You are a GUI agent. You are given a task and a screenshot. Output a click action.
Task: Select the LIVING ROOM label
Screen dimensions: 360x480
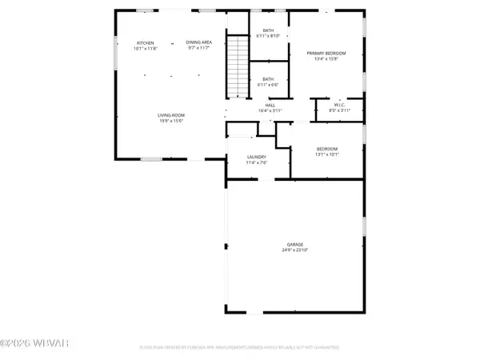tap(171, 115)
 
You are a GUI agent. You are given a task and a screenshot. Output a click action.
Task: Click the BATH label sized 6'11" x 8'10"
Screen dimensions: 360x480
tap(268, 30)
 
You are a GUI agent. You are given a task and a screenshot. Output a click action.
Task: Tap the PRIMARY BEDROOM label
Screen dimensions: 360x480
tap(325, 53)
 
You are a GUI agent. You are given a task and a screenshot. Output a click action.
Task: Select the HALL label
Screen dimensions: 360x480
tap(270, 105)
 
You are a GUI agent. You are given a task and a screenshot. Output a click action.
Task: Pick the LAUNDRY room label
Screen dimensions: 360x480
tap(255, 157)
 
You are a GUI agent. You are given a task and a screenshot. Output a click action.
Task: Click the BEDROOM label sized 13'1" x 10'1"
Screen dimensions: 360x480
tap(326, 149)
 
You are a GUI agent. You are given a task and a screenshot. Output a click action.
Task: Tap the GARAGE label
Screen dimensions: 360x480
tap(295, 245)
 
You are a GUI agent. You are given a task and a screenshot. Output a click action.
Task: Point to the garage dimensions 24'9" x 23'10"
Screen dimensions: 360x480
tap(295, 250)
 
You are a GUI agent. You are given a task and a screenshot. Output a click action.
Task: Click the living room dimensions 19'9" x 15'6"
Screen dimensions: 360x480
tap(171, 121)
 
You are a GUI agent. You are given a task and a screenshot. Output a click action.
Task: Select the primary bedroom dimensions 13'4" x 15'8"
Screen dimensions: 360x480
tap(325, 58)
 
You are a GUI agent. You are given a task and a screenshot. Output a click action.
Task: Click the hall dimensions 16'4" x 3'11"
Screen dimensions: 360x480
tap(270, 110)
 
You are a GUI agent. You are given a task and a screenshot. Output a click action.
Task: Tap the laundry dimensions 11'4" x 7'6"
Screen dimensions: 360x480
tap(255, 162)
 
